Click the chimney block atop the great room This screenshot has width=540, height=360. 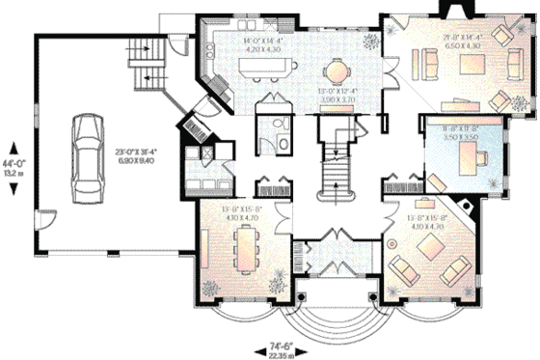point(451,10)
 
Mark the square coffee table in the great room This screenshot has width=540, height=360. point(472,66)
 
